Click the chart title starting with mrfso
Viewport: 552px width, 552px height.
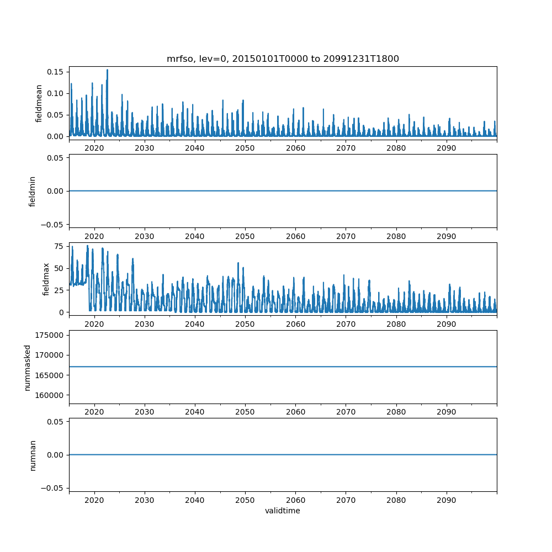[283, 59]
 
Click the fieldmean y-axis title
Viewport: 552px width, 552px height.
[39, 103]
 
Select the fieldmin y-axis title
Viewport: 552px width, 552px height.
[33, 191]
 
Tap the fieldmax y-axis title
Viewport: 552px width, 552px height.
[46, 279]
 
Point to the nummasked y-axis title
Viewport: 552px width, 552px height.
[27, 367]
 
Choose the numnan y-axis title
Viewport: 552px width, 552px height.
[33, 455]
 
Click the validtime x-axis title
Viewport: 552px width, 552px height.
[283, 511]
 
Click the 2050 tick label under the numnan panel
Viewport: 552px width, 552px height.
[245, 500]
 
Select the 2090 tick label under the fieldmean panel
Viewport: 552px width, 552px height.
[446, 148]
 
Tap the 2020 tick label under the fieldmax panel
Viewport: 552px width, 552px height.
[94, 324]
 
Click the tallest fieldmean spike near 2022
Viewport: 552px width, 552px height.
[107, 70]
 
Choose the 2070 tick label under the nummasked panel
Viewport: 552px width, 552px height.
[346, 412]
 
